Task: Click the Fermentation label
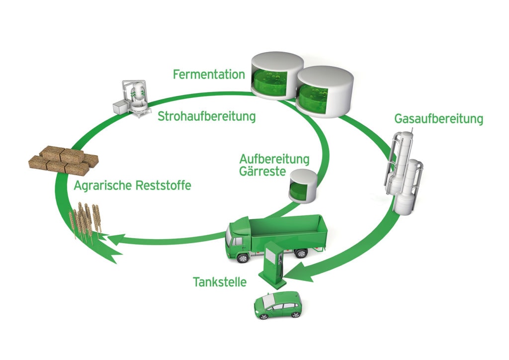pyautogui.click(x=209, y=75)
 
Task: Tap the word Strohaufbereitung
pyautogui.click(x=206, y=117)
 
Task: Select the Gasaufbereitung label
pyautogui.click(x=438, y=120)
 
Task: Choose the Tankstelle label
pyautogui.click(x=220, y=282)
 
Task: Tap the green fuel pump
pyautogui.click(x=272, y=266)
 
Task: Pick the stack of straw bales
pyautogui.click(x=64, y=159)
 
